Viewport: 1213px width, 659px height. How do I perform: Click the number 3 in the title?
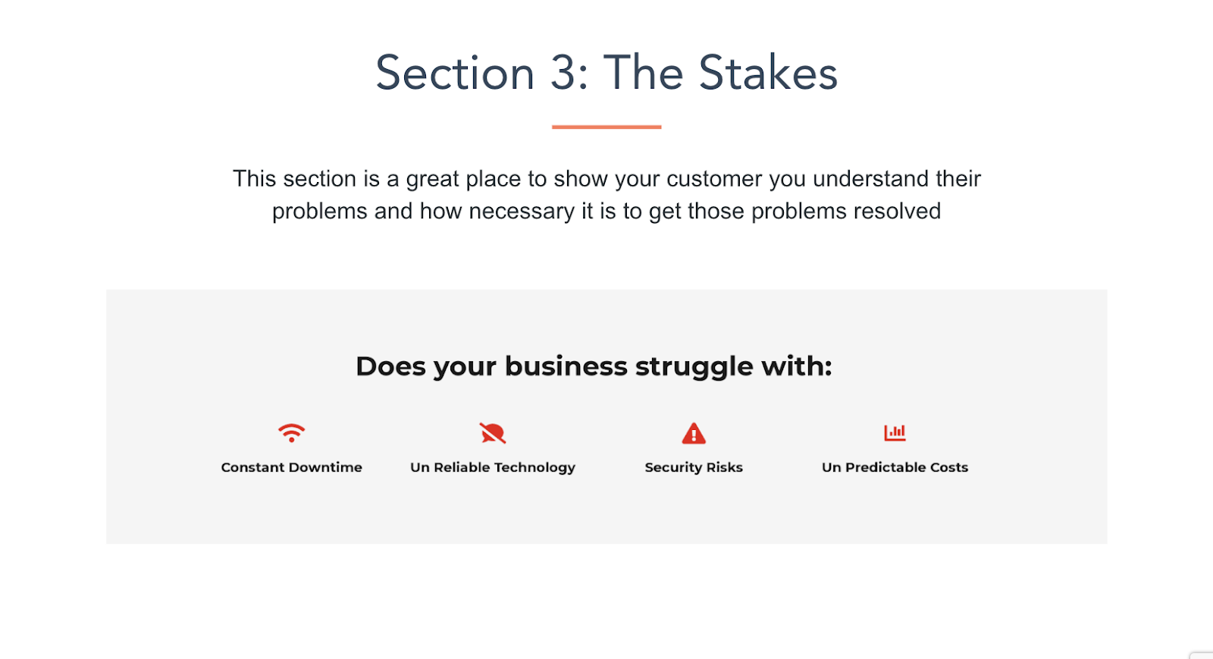pyautogui.click(x=563, y=73)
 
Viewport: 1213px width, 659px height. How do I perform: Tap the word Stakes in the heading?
pyautogui.click(x=768, y=73)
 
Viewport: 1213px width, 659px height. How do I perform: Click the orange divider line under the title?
pyautogui.click(x=606, y=127)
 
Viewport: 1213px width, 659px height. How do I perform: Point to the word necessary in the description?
pyautogui.click(x=522, y=211)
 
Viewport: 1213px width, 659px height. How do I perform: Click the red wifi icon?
pyautogui.click(x=291, y=433)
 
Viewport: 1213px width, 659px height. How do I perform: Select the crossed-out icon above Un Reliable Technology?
pyautogui.click(x=492, y=433)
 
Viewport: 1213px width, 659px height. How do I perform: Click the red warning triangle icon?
pyautogui.click(x=694, y=433)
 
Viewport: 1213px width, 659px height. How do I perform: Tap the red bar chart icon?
pyautogui.click(x=895, y=433)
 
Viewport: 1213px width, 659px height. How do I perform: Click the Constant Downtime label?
pyautogui.click(x=291, y=467)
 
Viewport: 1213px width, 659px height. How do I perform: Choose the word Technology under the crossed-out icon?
pyautogui.click(x=531, y=468)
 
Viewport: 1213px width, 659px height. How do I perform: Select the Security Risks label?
pyautogui.click(x=694, y=468)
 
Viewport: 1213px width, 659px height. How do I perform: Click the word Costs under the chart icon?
pyautogui.click(x=948, y=467)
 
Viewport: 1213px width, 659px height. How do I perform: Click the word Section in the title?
pyautogui.click(x=456, y=73)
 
